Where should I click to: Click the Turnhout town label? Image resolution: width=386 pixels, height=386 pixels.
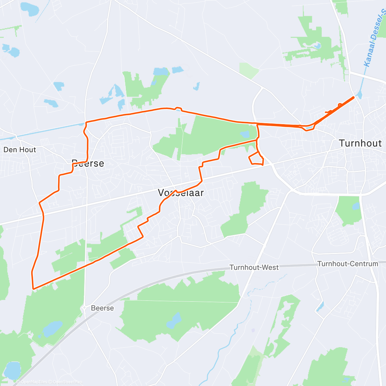(x=360, y=143)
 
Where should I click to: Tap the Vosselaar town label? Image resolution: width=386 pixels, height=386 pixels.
(x=181, y=193)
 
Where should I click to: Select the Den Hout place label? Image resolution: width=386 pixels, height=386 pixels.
(x=20, y=150)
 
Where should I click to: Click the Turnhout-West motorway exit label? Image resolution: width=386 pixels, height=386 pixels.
(x=254, y=267)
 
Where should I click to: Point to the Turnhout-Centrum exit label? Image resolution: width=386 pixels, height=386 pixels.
(x=348, y=264)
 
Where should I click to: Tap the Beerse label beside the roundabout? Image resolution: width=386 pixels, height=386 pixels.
(x=102, y=308)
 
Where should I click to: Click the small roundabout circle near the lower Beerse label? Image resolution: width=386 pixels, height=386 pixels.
(x=84, y=308)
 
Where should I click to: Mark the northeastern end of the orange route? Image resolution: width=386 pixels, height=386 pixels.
(x=354, y=97)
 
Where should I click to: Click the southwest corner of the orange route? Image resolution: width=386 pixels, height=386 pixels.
(x=33, y=288)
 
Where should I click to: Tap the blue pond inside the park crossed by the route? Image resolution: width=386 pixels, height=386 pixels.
(x=244, y=134)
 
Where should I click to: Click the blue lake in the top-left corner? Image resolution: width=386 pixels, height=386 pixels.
(x=30, y=9)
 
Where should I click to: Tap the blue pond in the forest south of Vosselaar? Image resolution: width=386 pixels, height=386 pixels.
(x=175, y=319)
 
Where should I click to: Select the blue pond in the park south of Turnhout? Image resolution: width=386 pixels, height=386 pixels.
(x=356, y=206)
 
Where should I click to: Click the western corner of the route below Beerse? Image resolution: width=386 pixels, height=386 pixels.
(x=40, y=203)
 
